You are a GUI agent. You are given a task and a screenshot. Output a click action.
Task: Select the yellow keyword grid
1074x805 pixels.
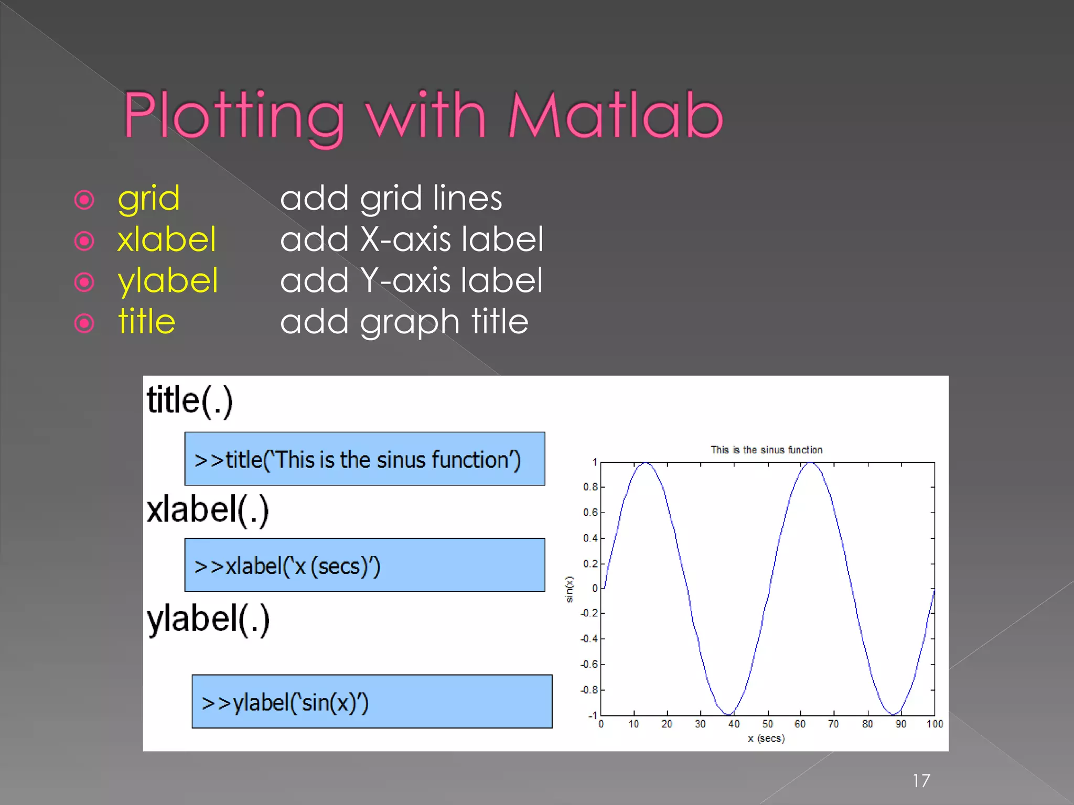(x=148, y=199)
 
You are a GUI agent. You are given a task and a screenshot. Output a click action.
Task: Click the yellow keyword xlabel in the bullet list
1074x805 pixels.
(x=166, y=240)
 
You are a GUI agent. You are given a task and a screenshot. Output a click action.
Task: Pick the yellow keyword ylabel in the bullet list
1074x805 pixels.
(x=167, y=281)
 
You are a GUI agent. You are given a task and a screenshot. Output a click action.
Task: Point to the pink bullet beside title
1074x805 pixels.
(x=84, y=323)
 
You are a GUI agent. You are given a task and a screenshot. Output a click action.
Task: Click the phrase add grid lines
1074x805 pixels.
(x=391, y=199)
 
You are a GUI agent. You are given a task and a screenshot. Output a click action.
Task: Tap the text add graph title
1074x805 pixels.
(x=404, y=322)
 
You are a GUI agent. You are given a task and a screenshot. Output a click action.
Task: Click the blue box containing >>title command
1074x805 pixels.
(x=364, y=459)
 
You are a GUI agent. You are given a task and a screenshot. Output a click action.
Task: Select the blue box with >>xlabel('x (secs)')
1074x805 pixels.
(x=364, y=565)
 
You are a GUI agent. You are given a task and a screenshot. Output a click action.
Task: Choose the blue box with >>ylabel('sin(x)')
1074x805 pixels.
(x=372, y=701)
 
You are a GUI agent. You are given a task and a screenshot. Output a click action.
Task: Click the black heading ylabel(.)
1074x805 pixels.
(x=208, y=619)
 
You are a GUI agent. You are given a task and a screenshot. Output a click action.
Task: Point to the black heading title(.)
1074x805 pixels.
(x=189, y=401)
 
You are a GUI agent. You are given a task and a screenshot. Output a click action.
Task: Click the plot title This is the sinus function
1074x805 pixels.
(x=766, y=450)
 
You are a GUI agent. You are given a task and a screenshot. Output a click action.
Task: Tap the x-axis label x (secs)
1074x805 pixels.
(x=766, y=738)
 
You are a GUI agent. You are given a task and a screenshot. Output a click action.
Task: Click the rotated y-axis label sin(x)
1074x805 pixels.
(x=570, y=589)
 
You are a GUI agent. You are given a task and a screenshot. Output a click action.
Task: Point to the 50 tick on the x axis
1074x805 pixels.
(x=767, y=724)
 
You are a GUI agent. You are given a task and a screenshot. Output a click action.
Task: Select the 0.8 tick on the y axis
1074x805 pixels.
(x=590, y=487)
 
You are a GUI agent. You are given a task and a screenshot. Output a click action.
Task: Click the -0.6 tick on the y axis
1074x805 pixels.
(x=589, y=665)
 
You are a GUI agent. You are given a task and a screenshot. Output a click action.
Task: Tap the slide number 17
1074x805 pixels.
(x=921, y=781)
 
